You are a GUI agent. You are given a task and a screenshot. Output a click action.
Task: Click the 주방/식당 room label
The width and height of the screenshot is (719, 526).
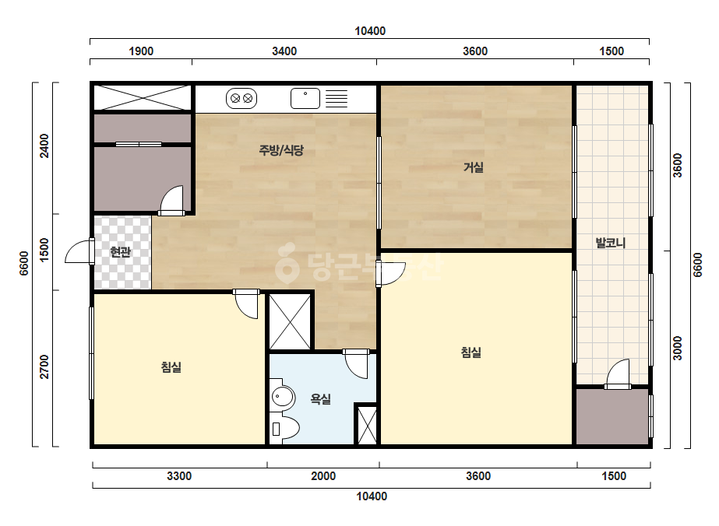pyautogui.click(x=281, y=150)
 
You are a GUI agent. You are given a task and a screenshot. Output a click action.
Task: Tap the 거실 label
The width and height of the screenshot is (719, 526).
pyautogui.click(x=473, y=167)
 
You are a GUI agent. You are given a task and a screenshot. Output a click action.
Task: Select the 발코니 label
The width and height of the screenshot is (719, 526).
pyautogui.click(x=610, y=243)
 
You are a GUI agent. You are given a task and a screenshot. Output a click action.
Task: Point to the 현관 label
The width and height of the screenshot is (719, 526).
pyautogui.click(x=121, y=251)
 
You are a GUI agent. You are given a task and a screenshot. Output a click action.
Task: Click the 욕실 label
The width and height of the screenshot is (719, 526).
pyautogui.click(x=320, y=399)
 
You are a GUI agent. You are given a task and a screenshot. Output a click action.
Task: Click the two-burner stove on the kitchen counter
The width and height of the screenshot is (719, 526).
pyautogui.click(x=241, y=98)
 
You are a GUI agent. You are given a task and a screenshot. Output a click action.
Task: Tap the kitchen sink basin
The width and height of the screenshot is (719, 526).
pyautogui.click(x=305, y=99)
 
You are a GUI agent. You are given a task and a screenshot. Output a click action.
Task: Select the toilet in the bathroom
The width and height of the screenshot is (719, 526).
pyautogui.click(x=284, y=428)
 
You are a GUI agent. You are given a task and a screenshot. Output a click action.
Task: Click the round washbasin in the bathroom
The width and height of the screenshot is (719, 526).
pyautogui.click(x=283, y=397)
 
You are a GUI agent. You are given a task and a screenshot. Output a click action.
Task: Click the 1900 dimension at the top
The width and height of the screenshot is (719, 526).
pyautogui.click(x=141, y=51)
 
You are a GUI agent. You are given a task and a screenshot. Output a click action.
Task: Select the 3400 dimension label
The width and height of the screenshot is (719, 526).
pyautogui.click(x=284, y=51)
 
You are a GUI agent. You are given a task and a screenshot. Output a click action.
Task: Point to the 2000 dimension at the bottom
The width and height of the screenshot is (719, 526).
pyautogui.click(x=323, y=476)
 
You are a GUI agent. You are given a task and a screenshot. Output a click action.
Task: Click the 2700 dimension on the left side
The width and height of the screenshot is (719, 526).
pyautogui.click(x=44, y=366)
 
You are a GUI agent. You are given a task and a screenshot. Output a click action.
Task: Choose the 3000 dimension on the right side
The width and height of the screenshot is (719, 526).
pyautogui.click(x=677, y=349)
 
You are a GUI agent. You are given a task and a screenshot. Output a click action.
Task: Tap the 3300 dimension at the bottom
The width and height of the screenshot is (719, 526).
pyautogui.click(x=179, y=476)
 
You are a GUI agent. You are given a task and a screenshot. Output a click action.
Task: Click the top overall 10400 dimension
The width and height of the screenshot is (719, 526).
pyautogui.click(x=370, y=31)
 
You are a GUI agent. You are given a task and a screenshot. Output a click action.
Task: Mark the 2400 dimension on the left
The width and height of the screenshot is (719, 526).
pyautogui.click(x=44, y=146)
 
